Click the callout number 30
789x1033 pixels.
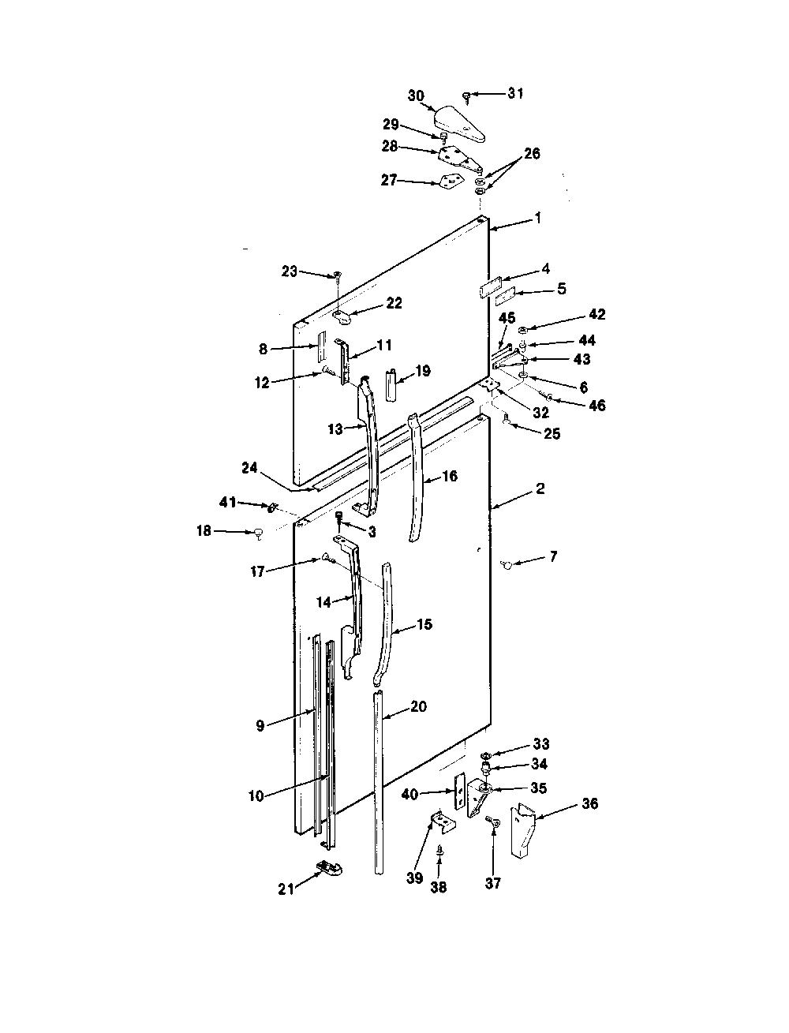coord(416,96)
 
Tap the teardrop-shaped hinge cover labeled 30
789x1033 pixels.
coord(460,125)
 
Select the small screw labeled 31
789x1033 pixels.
coord(467,98)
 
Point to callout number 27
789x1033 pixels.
coord(389,180)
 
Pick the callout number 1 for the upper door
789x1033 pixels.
coord(538,219)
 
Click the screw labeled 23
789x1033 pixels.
coord(338,277)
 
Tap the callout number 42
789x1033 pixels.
coord(596,314)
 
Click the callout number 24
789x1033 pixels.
coord(250,468)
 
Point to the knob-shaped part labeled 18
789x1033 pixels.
coord(258,533)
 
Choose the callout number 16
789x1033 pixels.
coord(450,477)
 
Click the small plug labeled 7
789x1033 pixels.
coord(507,564)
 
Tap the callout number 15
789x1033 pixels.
coord(424,624)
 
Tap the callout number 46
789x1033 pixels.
coord(597,405)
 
